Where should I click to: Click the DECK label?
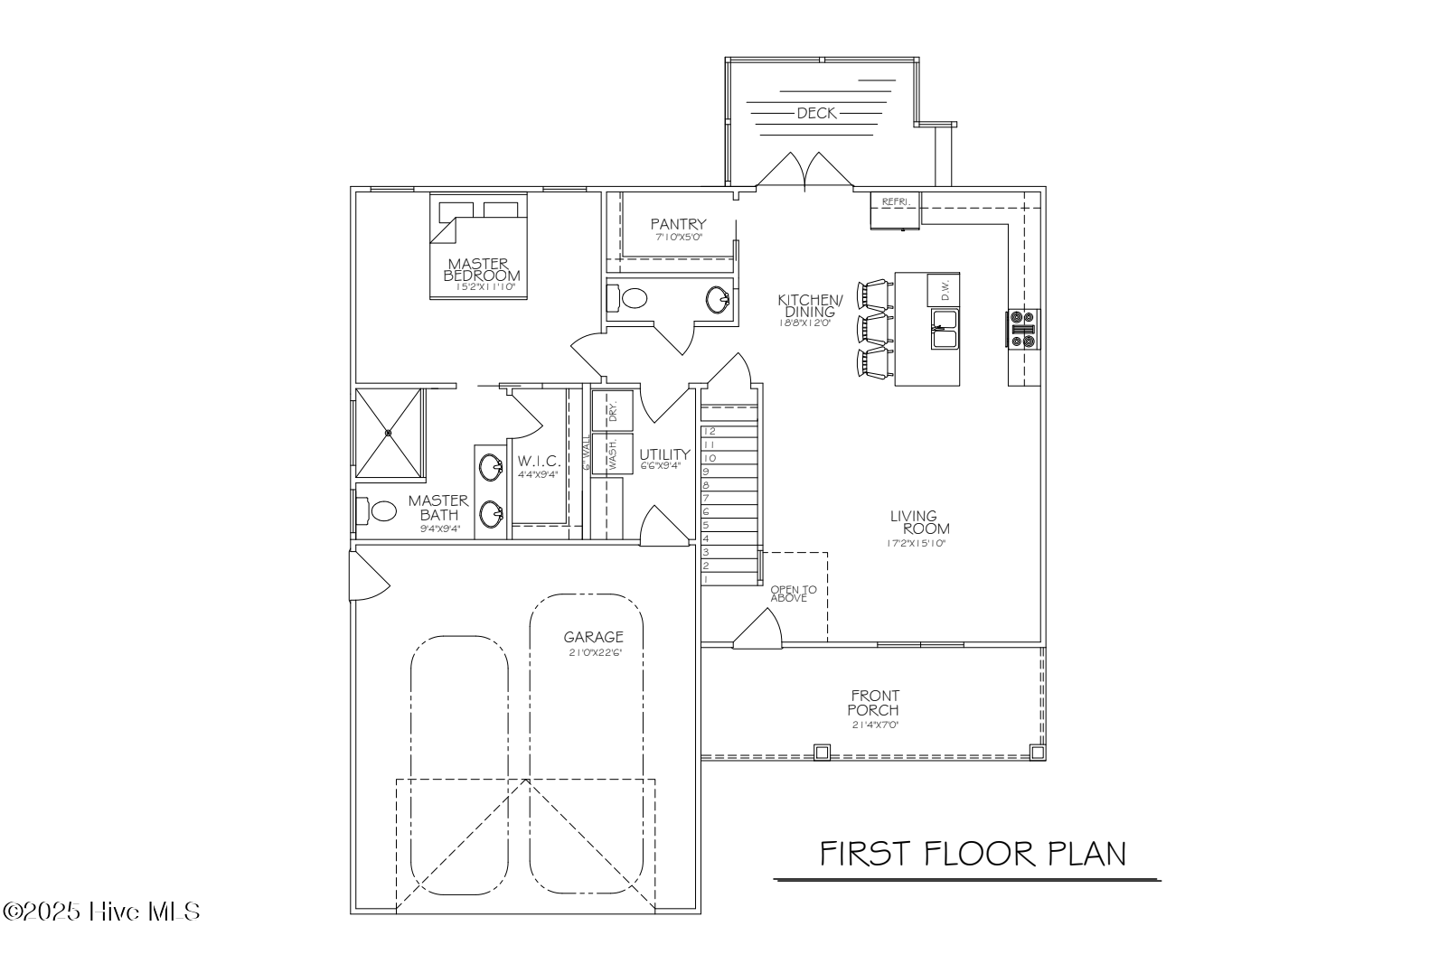click(x=816, y=114)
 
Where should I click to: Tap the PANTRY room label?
click(x=678, y=224)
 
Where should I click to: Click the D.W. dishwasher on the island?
click(x=944, y=290)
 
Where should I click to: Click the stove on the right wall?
click(x=1024, y=328)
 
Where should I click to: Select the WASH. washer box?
click(x=612, y=454)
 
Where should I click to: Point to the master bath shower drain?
click(x=389, y=433)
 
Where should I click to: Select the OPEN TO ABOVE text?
click(x=793, y=594)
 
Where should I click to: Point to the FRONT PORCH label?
click(x=874, y=703)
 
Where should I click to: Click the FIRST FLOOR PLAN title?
click(x=973, y=854)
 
